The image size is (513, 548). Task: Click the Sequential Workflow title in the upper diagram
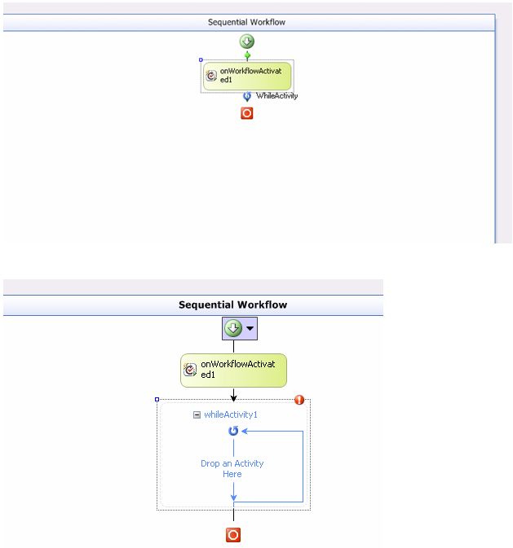246,23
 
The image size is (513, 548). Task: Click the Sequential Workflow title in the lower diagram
232,305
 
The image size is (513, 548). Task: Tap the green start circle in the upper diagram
247,42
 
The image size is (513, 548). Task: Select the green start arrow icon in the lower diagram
233,328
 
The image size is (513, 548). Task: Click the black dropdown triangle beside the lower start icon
250,328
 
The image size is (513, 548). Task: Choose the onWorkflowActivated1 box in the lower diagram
233,370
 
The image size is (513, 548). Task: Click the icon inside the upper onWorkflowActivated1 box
212,76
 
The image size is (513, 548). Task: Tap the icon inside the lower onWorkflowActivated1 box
190,370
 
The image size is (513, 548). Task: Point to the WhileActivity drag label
276,96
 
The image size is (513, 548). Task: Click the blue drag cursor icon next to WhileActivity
247,96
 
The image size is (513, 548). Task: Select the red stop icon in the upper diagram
247,114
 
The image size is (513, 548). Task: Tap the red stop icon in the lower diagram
233,535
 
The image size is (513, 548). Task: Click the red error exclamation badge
299,400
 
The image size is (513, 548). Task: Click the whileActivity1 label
231,414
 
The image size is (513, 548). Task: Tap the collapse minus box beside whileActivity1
197,414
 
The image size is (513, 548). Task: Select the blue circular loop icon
233,431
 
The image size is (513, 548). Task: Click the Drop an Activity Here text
232,468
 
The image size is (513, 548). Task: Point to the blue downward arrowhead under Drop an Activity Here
233,494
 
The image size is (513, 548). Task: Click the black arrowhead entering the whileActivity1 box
233,397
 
